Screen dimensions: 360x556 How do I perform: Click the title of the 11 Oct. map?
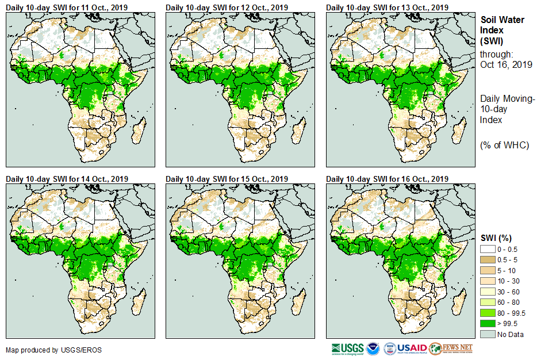coord(66,7)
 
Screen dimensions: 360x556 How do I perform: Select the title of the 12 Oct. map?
coord(226,7)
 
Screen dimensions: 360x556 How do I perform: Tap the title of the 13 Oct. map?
coord(386,7)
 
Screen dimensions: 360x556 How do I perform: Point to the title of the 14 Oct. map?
coord(66,179)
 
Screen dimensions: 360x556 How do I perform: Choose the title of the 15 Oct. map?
coord(226,179)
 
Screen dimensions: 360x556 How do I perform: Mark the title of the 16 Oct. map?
coord(386,179)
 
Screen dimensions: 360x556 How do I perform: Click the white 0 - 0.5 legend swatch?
coord(488,248)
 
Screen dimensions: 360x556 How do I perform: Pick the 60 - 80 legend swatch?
coord(488,302)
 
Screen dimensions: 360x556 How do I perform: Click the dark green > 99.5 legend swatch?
coord(488,323)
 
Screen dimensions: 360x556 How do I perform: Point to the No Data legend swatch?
coord(488,334)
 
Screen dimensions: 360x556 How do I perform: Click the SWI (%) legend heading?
coord(496,238)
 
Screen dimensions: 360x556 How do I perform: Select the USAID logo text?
coord(412,348)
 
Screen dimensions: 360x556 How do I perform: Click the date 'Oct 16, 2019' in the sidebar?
coord(506,64)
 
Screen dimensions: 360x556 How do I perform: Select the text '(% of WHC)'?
coord(504,145)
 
